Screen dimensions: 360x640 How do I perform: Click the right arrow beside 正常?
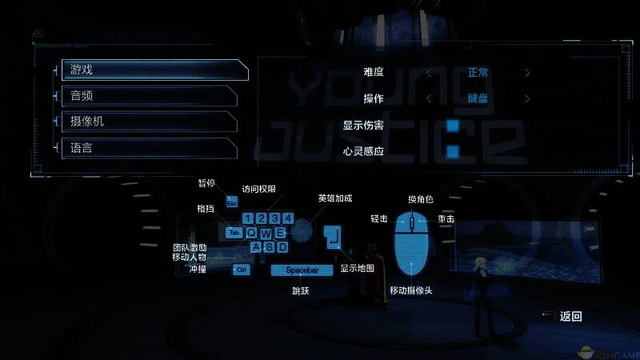coord(527,73)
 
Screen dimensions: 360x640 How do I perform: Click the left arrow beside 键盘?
coord(429,99)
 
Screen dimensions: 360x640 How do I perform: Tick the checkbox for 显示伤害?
coord(453,125)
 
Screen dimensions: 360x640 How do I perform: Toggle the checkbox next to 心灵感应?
coord(453,151)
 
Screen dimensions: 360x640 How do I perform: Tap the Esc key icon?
coord(232,203)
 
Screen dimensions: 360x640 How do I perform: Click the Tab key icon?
coord(233,232)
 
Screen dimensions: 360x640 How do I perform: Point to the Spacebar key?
coord(302,270)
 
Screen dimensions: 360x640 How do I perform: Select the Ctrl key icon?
coord(241,270)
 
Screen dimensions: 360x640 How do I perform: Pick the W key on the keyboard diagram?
coord(265,232)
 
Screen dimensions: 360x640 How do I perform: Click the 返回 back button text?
coord(570,316)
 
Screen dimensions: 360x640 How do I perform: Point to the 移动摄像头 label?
coord(411,290)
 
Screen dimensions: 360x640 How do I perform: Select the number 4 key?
coord(287,218)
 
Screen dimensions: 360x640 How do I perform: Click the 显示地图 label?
coord(358,268)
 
